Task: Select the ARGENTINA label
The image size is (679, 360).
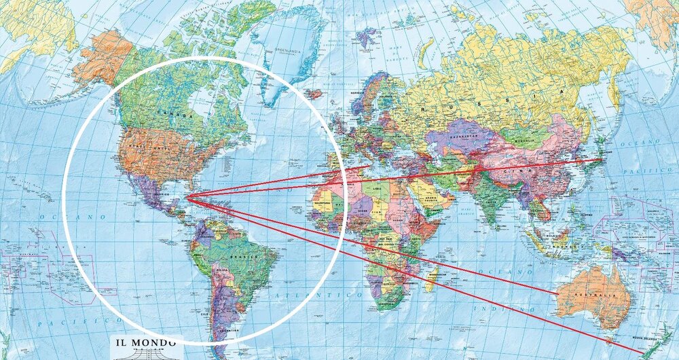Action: click(x=227, y=330)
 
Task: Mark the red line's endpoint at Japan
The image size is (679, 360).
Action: click(x=602, y=160)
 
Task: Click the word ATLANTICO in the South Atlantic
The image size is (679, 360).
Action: click(x=339, y=296)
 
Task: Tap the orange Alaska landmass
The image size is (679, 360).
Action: click(x=102, y=58)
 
